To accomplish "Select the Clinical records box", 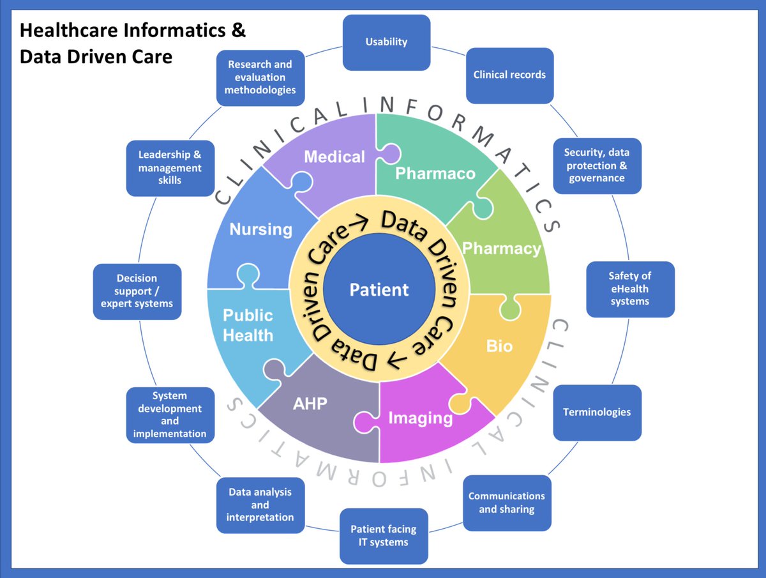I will click(x=509, y=75).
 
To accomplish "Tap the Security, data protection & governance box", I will click(x=597, y=165).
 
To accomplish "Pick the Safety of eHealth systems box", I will click(x=630, y=289).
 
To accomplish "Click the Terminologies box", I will click(x=597, y=412).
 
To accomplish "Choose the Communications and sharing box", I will click(x=507, y=503).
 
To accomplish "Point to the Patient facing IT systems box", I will click(x=384, y=536).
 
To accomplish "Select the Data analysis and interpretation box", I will click(x=260, y=505).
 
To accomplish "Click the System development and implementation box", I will click(x=170, y=414).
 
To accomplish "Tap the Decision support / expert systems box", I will click(x=137, y=291).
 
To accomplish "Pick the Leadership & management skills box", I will click(x=170, y=168).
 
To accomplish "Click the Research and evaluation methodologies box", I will click(x=260, y=77).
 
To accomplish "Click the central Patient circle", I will click(x=379, y=290).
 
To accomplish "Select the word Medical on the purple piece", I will click(x=334, y=157).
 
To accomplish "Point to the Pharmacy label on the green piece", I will click(x=502, y=248).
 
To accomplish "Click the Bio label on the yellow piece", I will click(x=499, y=346).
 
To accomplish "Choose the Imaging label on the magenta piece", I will click(x=421, y=418).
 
